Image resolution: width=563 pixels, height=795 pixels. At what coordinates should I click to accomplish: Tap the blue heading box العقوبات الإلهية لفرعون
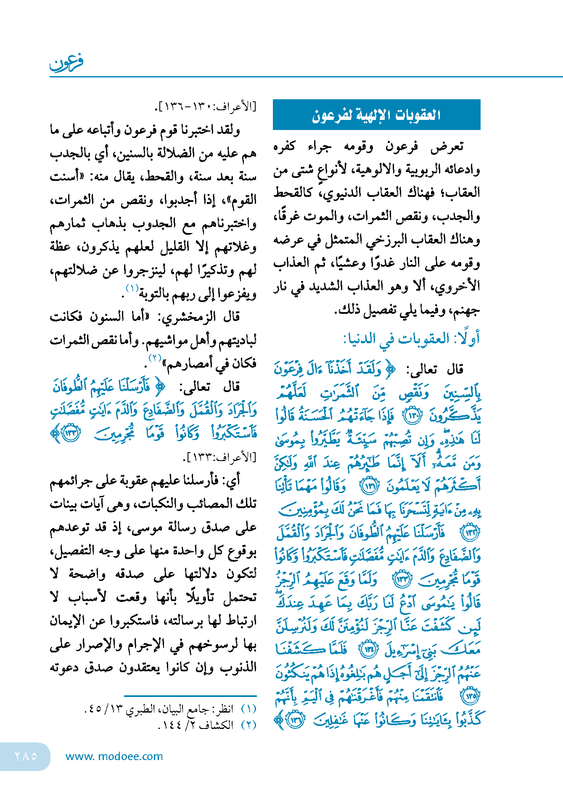(376, 115)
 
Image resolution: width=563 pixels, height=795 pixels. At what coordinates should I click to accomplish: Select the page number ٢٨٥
(26, 756)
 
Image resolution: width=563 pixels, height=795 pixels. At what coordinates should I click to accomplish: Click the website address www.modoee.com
(114, 756)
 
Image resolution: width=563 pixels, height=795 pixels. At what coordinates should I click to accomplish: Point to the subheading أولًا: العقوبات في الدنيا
(411, 339)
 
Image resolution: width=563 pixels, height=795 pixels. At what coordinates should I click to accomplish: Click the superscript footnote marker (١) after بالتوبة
(132, 289)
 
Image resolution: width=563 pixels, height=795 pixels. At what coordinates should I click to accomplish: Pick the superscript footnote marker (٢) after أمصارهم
(155, 358)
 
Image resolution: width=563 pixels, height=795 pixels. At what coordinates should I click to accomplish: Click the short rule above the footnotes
(190, 696)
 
